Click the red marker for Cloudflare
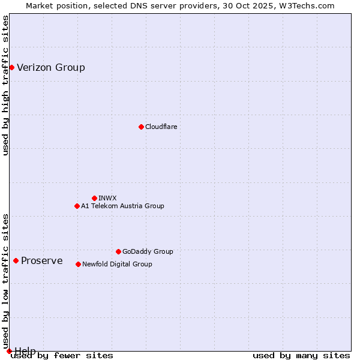point(141,127)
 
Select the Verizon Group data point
point(11,67)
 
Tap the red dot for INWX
point(94,198)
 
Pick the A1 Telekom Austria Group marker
point(77,206)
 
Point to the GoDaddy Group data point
point(118,251)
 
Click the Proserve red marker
point(16,260)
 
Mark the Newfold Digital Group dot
point(78,264)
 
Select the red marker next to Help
point(9,351)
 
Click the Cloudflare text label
point(161,127)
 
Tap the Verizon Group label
point(51,67)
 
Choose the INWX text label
point(107,198)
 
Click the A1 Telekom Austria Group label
point(122,206)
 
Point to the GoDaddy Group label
point(148,251)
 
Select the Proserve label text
point(42,260)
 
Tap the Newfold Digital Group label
point(117,264)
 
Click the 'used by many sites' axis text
point(301,355)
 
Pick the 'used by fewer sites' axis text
point(63,355)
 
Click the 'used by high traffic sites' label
point(6,85)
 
